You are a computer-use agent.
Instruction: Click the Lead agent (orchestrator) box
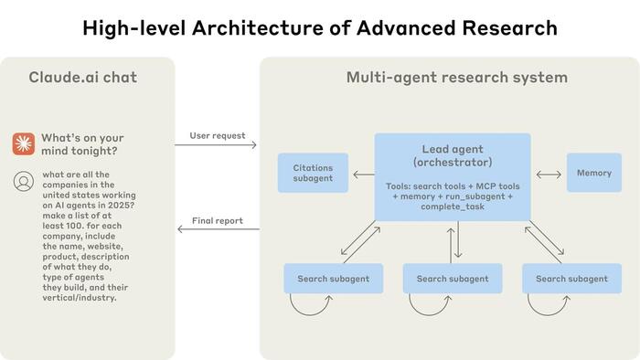click(x=453, y=176)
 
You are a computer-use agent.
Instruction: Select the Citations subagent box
click(x=313, y=173)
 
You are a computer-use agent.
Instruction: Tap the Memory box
click(x=593, y=173)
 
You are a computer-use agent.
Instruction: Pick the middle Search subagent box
click(x=453, y=279)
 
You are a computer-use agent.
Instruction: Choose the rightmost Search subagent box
click(x=571, y=279)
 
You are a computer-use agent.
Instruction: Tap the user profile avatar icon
click(x=24, y=181)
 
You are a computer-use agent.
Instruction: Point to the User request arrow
click(x=217, y=144)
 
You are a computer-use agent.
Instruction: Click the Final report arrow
click(x=217, y=229)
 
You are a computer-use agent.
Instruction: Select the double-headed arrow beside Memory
click(x=549, y=173)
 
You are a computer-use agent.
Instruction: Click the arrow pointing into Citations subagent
click(x=363, y=174)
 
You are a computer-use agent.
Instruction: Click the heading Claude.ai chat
click(x=83, y=77)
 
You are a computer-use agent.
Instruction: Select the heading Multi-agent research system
click(x=456, y=77)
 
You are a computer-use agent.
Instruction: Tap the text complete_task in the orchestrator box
click(x=453, y=206)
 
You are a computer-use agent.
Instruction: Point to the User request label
click(x=217, y=135)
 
